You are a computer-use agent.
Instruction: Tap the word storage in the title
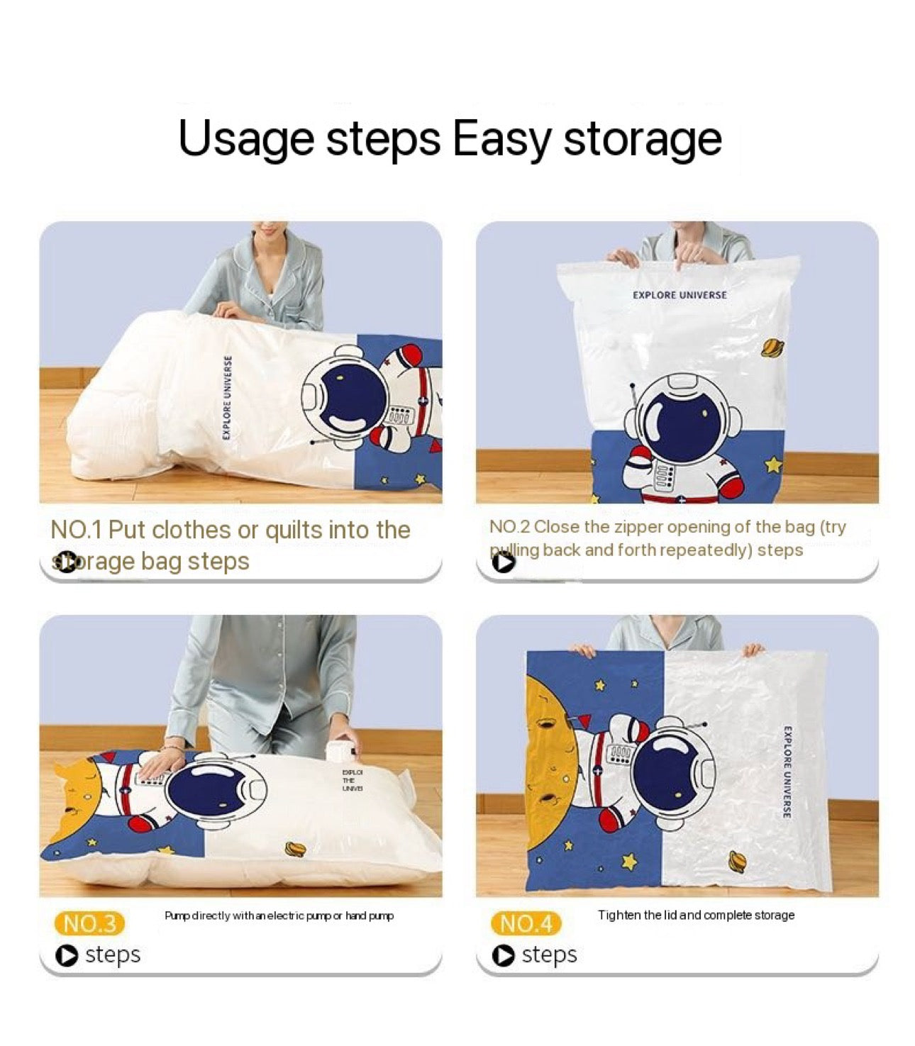[642, 139]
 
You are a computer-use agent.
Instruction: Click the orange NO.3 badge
[89, 923]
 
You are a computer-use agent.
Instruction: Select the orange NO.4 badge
[526, 923]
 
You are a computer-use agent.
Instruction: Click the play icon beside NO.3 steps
[67, 955]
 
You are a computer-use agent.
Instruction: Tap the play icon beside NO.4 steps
[503, 955]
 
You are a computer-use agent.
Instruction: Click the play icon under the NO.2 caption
[503, 562]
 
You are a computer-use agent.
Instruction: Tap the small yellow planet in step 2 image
[772, 347]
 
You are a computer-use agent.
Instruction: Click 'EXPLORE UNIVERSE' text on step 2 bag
[680, 295]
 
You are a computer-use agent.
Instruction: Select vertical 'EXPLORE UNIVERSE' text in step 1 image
[227, 397]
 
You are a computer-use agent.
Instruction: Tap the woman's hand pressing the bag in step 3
[157, 765]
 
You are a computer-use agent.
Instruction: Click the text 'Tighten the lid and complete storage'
[695, 915]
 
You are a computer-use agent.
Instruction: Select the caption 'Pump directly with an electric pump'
[279, 916]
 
